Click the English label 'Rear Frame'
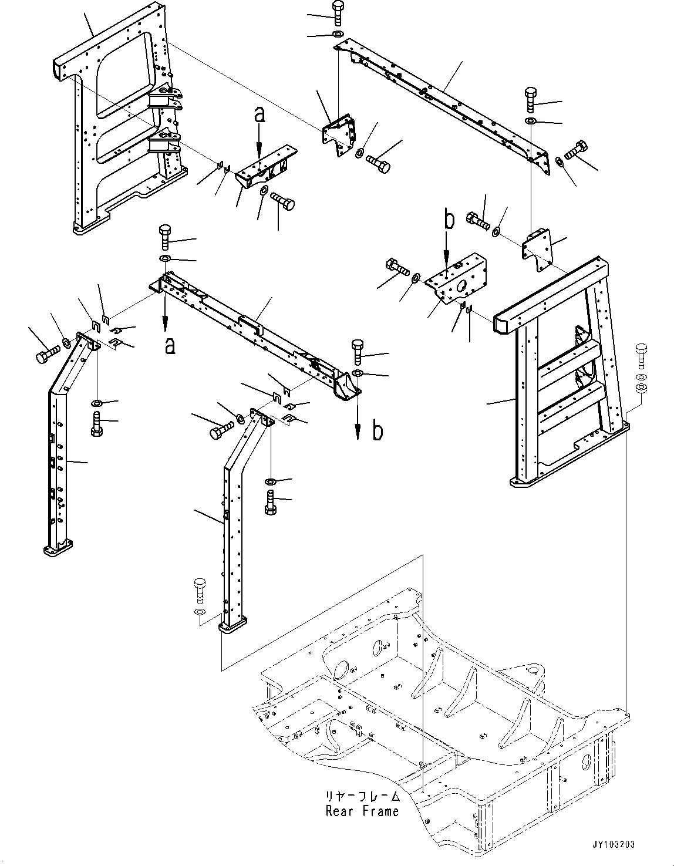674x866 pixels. (362, 811)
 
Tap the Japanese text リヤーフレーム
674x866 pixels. (362, 797)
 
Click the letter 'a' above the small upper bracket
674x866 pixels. (260, 114)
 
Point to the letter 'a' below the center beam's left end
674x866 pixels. (169, 346)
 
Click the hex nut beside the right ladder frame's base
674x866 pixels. (642, 388)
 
